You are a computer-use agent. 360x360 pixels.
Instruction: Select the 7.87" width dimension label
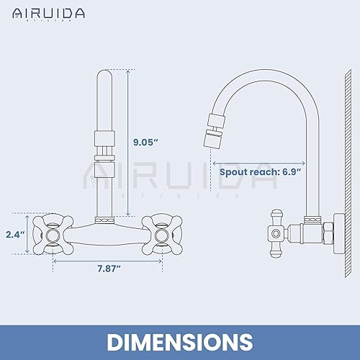pos(107,269)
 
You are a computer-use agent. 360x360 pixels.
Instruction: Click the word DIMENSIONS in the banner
pos(180,339)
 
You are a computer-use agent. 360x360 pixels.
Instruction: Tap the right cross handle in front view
pos(160,233)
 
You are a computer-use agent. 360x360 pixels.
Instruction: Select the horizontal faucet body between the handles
pos(107,232)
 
